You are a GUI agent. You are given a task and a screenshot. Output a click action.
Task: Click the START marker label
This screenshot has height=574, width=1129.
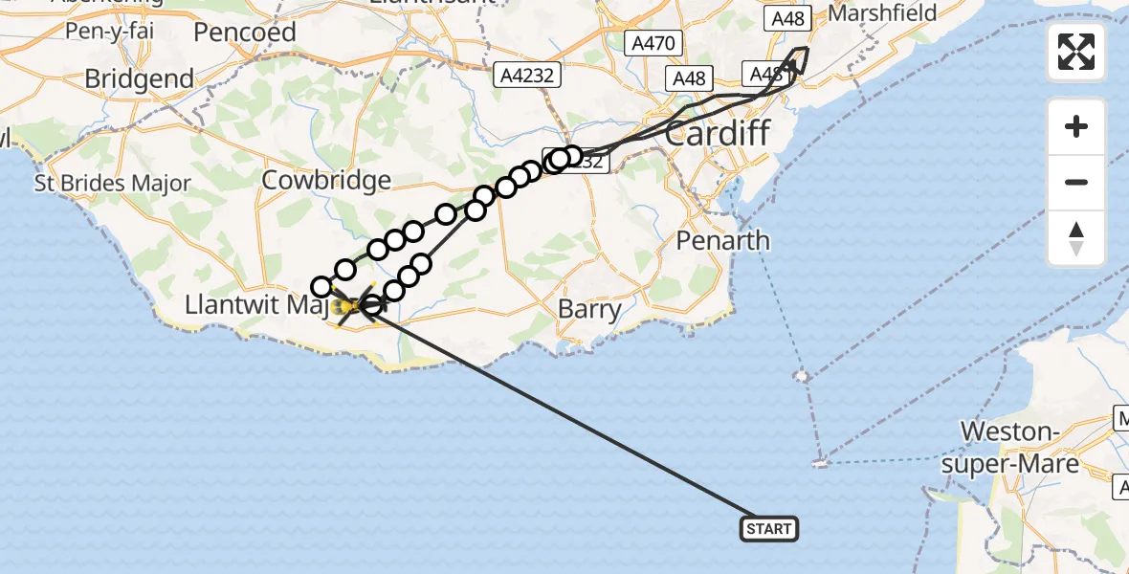[768, 528]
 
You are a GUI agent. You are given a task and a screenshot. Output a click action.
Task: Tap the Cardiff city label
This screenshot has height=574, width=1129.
[717, 133]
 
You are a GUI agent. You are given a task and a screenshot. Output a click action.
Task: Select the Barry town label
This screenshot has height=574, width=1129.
[590, 309]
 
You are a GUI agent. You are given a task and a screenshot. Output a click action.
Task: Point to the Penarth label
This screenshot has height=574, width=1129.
[722, 240]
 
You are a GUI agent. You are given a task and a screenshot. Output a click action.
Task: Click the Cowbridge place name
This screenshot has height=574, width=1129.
[326, 180]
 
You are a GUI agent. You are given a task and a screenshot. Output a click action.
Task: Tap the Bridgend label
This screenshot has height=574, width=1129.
[139, 78]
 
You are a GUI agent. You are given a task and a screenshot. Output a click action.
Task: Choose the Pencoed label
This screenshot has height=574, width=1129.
[244, 32]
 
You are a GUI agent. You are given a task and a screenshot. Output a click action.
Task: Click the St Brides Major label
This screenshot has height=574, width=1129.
[113, 183]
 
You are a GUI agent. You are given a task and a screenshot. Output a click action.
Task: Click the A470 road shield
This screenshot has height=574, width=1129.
[653, 43]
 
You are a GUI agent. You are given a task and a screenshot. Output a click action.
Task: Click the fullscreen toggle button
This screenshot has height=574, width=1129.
[1076, 52]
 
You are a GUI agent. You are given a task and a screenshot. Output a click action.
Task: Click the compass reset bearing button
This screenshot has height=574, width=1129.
[1076, 238]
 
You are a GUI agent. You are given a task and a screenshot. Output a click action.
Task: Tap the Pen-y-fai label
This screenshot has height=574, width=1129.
[110, 31]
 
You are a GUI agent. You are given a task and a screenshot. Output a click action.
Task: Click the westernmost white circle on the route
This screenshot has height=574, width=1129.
[322, 286]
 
